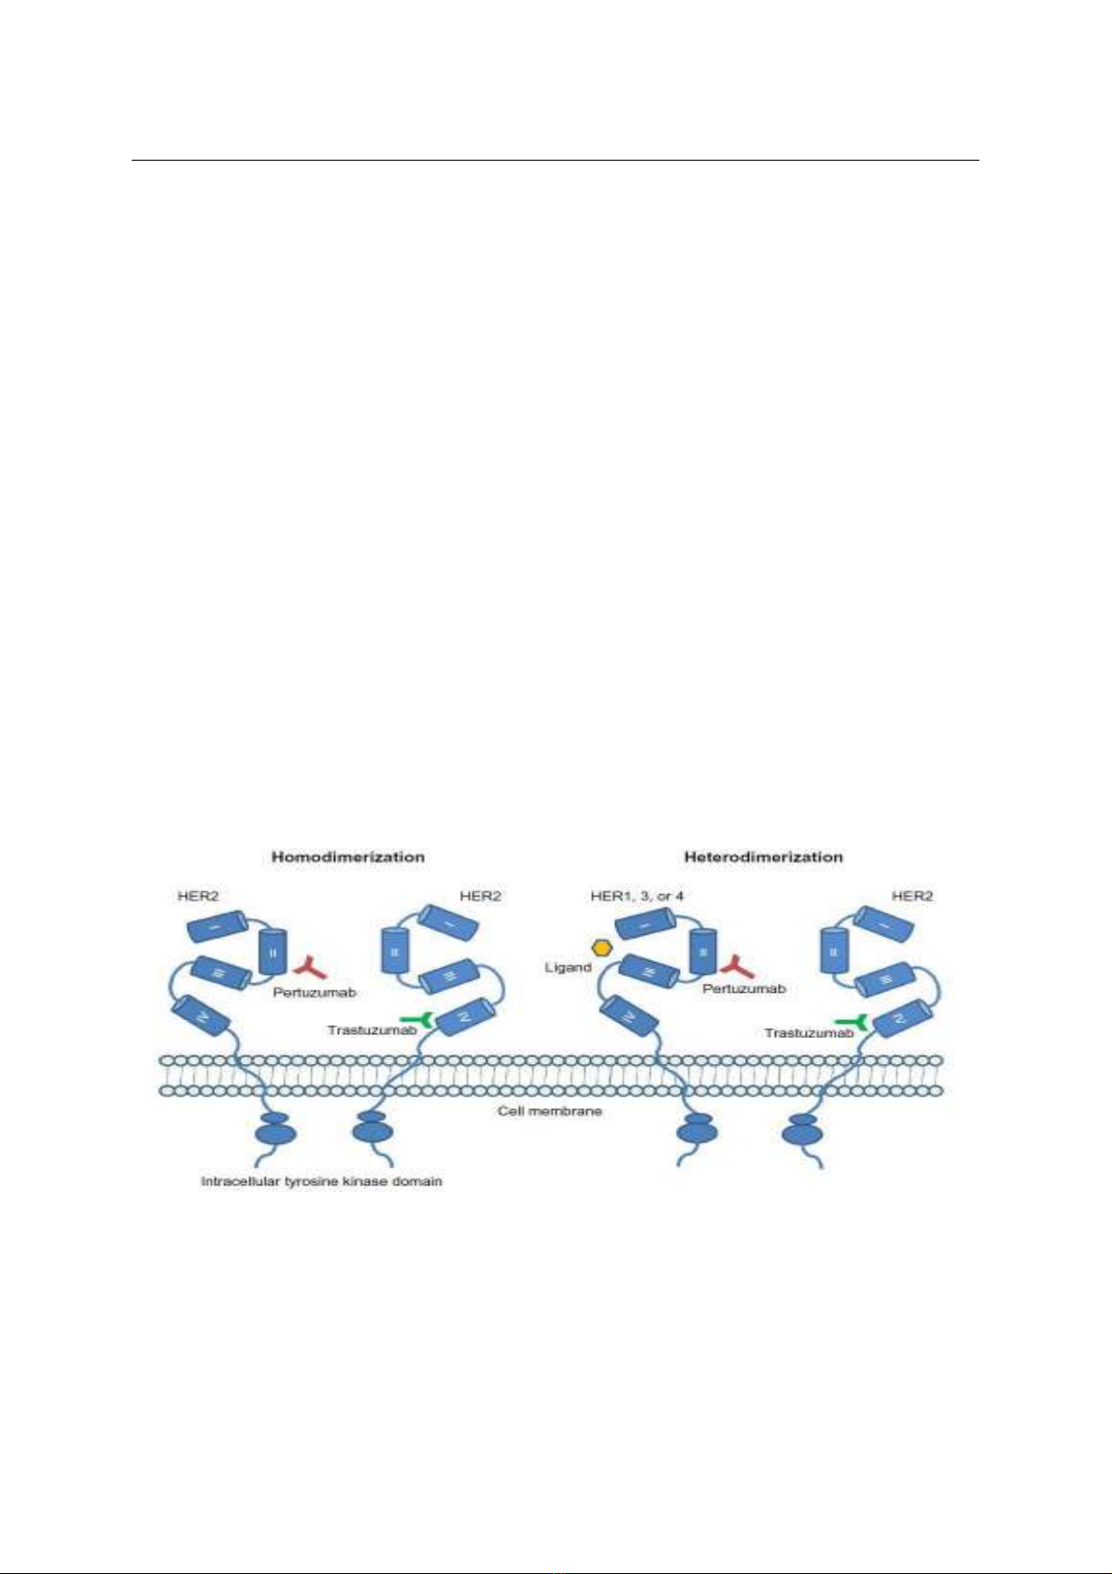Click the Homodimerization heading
347,857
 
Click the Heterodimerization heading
763,857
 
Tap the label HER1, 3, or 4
637,896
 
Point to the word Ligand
568,968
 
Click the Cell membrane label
550,1111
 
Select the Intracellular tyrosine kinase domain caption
322,1182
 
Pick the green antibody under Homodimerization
416,1019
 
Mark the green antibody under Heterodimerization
852,1022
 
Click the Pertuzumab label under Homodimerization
315,993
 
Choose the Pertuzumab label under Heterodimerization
744,988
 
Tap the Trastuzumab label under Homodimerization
373,1030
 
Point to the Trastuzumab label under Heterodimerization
809,1033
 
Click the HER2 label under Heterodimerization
912,896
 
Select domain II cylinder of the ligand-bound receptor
703,952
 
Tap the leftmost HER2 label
197,896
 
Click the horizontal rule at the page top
556,161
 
